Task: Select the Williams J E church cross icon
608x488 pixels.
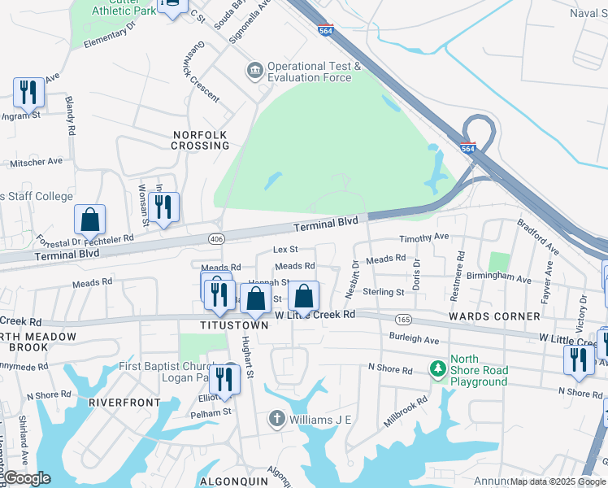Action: tap(276, 419)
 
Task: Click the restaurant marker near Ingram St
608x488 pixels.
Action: tap(29, 94)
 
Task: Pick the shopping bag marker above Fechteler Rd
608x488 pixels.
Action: tap(89, 220)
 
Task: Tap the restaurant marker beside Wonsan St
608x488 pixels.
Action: tap(165, 207)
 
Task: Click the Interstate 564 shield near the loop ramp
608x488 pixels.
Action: tap(467, 149)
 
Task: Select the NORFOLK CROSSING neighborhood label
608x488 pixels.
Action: tap(200, 140)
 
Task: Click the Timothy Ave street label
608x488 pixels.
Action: tap(423, 237)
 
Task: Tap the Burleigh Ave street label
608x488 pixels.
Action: tap(414, 340)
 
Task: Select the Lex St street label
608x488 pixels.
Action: tap(285, 249)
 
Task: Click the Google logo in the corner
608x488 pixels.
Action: tap(27, 478)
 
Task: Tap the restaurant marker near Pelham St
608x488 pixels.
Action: tap(225, 379)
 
